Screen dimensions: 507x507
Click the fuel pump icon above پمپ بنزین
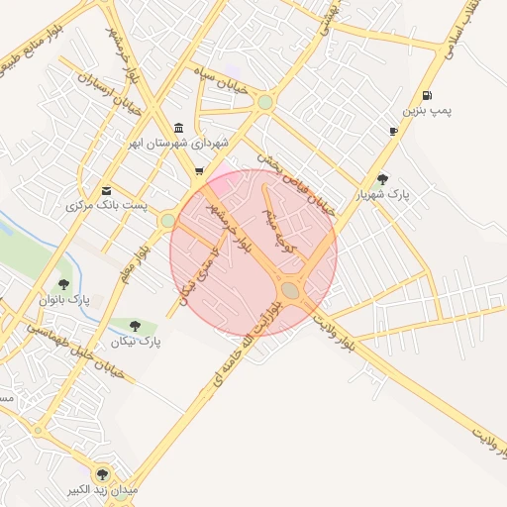(x=427, y=96)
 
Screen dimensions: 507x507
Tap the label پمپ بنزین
(x=427, y=111)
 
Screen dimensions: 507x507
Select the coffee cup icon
(x=394, y=131)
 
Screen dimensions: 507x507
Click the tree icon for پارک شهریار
(x=382, y=179)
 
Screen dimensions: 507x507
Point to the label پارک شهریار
(x=383, y=195)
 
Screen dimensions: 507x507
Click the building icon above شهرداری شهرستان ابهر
(x=177, y=129)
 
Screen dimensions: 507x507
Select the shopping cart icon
(x=199, y=171)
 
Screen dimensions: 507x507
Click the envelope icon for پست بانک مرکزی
(x=106, y=191)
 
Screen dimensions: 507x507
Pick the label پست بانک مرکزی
(x=106, y=206)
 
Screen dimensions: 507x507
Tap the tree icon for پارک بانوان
(x=64, y=284)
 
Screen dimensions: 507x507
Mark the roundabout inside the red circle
(x=291, y=289)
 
